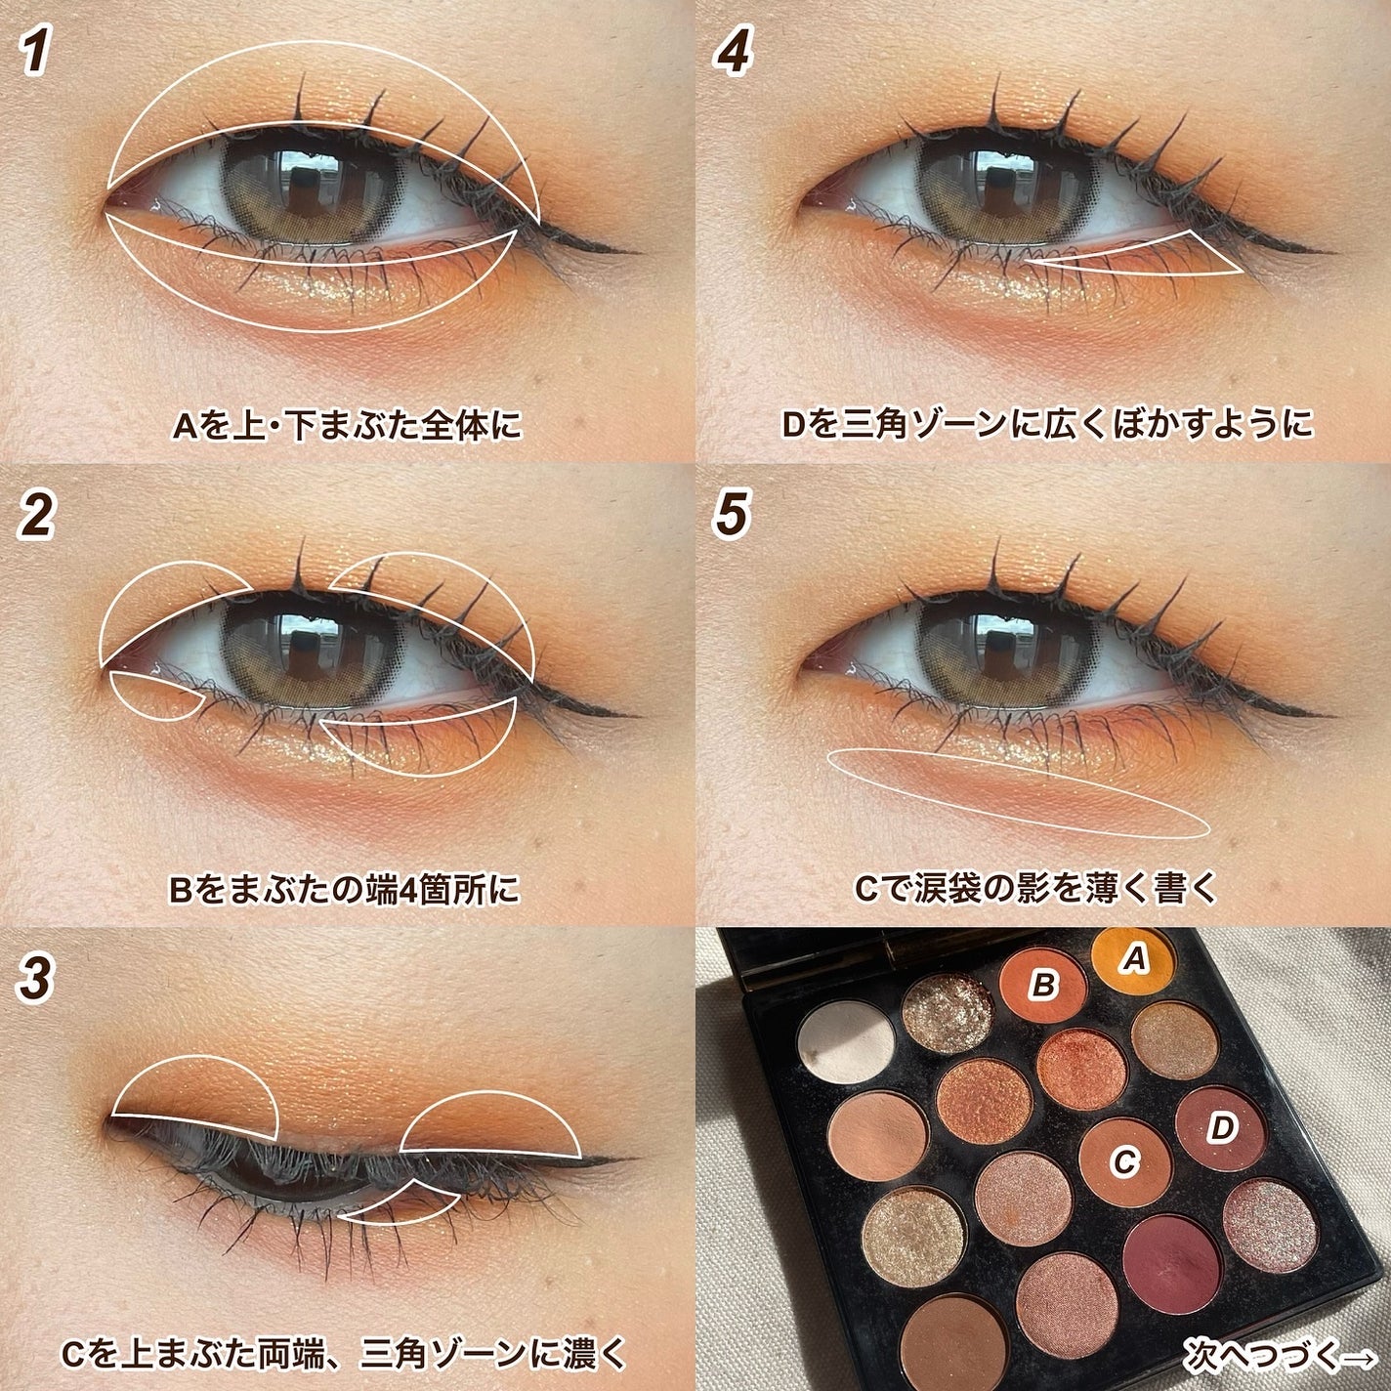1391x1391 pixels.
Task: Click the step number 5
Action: (733, 515)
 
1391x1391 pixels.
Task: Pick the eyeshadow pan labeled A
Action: (1132, 960)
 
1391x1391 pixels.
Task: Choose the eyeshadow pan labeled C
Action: (1124, 1161)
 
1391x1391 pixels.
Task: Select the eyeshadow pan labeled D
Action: (1219, 1129)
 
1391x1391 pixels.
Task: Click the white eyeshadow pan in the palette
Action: (846, 1041)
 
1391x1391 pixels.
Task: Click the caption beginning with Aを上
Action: (348, 426)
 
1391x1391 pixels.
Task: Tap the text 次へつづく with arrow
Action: (1280, 1354)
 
